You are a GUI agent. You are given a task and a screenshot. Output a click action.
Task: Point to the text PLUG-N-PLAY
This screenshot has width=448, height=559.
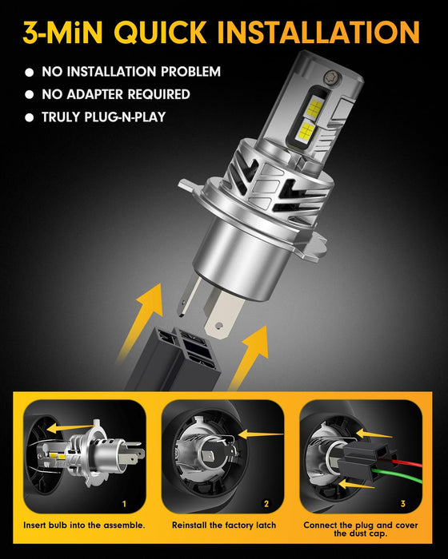126,117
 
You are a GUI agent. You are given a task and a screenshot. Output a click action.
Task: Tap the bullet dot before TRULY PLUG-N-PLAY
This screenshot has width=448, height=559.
30,117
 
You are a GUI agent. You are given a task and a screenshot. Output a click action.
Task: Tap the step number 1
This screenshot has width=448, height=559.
124,504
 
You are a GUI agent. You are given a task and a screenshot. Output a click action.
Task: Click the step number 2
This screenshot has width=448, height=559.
266,504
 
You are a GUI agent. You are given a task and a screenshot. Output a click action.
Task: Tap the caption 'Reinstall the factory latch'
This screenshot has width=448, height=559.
223,525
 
